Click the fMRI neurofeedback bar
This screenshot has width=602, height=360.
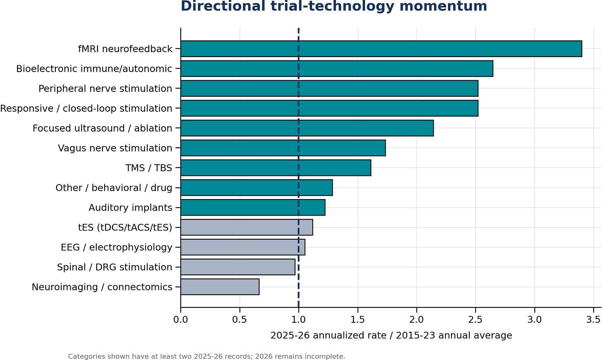pyautogui.click(x=381, y=49)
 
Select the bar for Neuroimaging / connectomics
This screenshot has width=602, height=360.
pyautogui.click(x=220, y=287)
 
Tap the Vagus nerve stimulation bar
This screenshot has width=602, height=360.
pyautogui.click(x=283, y=148)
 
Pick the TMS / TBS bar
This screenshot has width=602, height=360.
pyautogui.click(x=276, y=168)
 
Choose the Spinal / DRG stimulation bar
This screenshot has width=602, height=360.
pyautogui.click(x=238, y=267)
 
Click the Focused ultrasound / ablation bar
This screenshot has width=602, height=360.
pyautogui.click(x=307, y=128)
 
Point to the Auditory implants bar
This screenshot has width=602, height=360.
pyautogui.click(x=253, y=207)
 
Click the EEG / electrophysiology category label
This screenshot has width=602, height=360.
pyautogui.click(x=116, y=247)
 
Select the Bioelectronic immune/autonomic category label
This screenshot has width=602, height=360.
pyautogui.click(x=94, y=69)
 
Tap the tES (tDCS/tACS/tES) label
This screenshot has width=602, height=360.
pyautogui.click(x=125, y=228)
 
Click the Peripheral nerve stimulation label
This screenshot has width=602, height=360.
pyautogui.click(x=105, y=89)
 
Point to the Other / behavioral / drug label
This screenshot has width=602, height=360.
pyautogui.click(x=114, y=188)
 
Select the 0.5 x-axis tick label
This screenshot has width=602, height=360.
pyautogui.click(x=239, y=319)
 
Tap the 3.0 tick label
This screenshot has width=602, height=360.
pyautogui.click(x=535, y=319)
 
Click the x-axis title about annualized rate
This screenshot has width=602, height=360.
pyautogui.click(x=391, y=336)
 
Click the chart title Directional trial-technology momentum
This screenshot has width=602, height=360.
pyautogui.click(x=334, y=6)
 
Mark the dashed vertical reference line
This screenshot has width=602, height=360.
pyautogui.click(x=299, y=168)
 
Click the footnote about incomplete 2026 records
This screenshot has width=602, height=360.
pyautogui.click(x=206, y=357)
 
